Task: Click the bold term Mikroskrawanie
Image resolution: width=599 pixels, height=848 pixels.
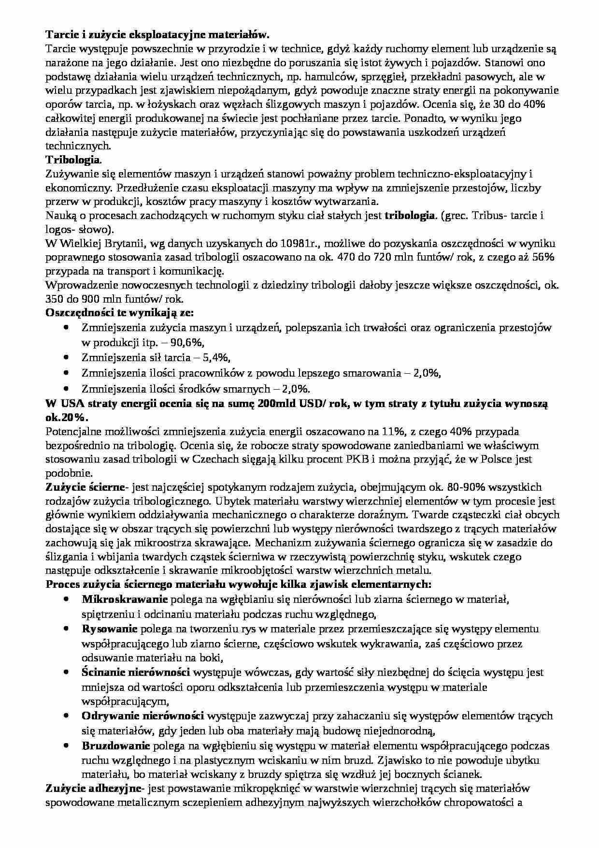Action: tap(125, 599)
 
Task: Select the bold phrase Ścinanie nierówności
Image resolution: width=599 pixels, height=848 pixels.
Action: tap(136, 673)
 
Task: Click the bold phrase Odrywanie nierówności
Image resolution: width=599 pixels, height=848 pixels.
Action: tap(143, 716)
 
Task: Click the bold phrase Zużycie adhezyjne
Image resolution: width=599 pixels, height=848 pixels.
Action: tap(95, 789)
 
